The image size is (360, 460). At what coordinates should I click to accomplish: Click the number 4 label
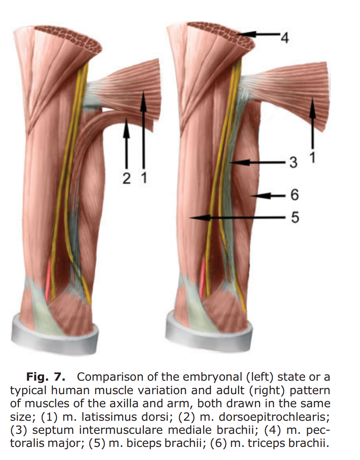pyautogui.click(x=285, y=38)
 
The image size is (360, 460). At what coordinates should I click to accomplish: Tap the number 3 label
pyautogui.click(x=293, y=162)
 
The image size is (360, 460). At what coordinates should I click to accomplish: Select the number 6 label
pyautogui.click(x=294, y=195)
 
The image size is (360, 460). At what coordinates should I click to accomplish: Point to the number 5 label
pyautogui.click(x=295, y=218)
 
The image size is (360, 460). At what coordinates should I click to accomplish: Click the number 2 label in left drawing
pyautogui.click(x=127, y=178)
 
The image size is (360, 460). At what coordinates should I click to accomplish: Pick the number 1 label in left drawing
pyautogui.click(x=144, y=178)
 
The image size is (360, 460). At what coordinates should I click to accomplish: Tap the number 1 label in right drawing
pyautogui.click(x=313, y=157)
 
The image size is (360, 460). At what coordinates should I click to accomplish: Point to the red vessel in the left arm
pyautogui.click(x=48, y=279)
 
